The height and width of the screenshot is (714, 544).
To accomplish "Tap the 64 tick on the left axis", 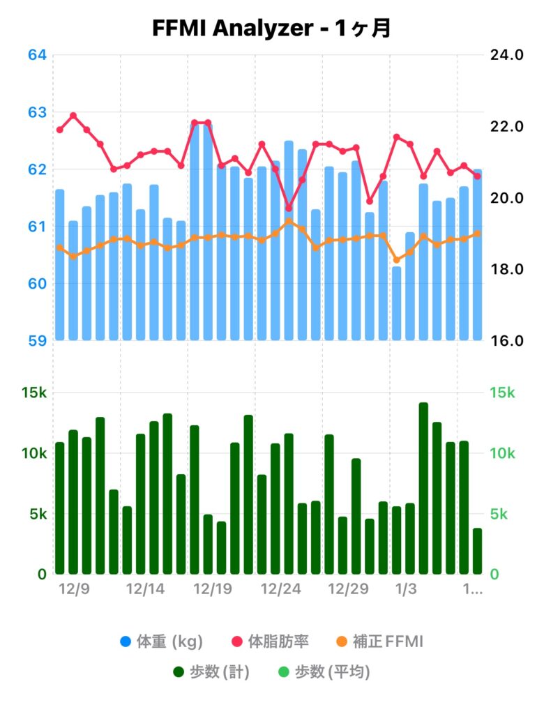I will coord(36,54).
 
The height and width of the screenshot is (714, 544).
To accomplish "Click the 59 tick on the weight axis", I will coord(36,341).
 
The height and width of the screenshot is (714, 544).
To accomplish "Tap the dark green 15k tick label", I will coord(33,393).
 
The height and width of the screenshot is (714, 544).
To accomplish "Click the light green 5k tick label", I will coord(503,514).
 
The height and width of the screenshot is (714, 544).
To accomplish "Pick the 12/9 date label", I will coord(74,589).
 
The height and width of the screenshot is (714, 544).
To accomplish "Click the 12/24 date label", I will coord(280,589).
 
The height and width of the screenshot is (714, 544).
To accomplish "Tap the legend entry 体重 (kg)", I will coord(161,641).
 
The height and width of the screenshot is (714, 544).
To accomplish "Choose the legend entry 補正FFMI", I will coord(381,641).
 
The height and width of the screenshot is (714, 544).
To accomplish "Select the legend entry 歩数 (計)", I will coord(211,672).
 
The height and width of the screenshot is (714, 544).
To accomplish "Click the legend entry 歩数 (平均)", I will coord(324,672).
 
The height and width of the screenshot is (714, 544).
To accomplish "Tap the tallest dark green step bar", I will coord(423,488).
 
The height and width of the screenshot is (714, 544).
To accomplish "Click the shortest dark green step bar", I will coord(477,551).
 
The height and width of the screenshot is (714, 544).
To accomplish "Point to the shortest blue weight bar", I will coord(396,303).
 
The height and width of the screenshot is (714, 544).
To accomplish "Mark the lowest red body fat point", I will coord(289,208).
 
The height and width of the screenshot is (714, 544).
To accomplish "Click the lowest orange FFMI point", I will coord(396,260).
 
